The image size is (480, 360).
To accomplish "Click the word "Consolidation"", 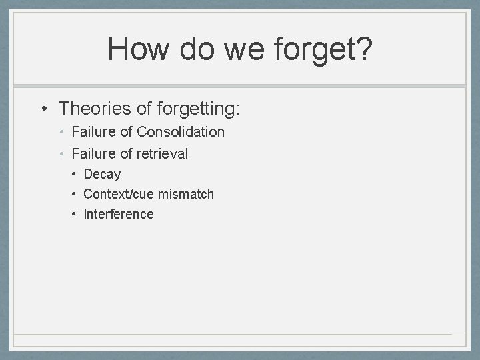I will [x=181, y=132].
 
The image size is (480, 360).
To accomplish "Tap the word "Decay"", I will [x=102, y=175].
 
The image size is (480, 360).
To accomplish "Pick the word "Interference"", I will [x=119, y=215].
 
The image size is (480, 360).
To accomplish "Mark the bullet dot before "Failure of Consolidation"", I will [x=61, y=133].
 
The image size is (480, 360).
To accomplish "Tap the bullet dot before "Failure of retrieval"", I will [x=61, y=155].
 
